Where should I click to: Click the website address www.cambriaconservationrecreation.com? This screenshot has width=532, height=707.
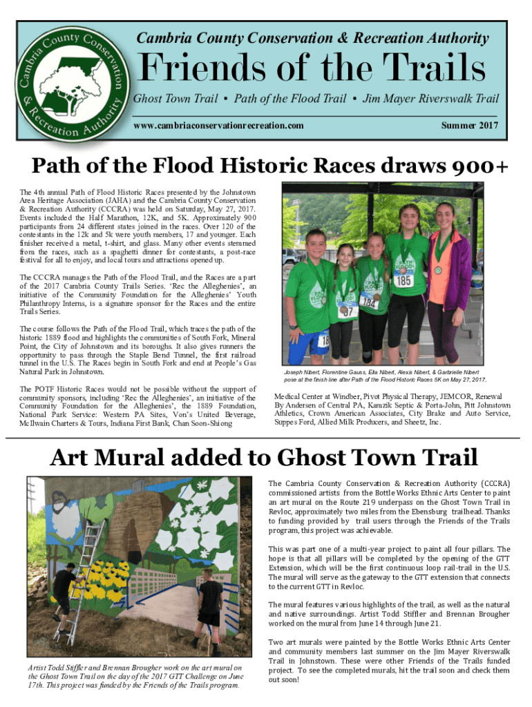(218, 126)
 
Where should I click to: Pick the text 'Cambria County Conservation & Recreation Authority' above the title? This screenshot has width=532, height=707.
(312, 38)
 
